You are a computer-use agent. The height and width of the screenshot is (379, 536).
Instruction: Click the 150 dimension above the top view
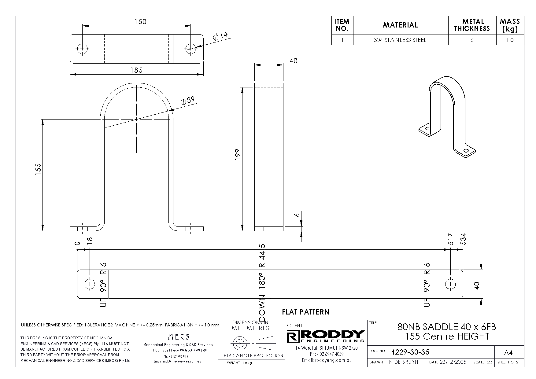(140, 22)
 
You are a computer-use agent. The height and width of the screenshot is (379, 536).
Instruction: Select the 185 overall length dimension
(136, 70)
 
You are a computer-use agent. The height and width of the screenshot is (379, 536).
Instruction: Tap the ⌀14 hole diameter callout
(221, 36)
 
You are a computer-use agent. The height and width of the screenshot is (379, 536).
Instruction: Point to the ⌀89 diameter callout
(187, 101)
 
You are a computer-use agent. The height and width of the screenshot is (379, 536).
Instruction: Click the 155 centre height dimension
(38, 170)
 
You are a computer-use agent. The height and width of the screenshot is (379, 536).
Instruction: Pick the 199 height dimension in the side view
(238, 155)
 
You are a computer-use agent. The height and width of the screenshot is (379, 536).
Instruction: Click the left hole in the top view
(83, 49)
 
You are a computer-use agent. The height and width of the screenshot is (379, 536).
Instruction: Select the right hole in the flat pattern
(450, 284)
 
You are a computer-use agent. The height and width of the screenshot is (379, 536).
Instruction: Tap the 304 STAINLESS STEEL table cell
(400, 40)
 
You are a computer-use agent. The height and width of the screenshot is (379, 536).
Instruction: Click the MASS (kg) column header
(510, 25)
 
